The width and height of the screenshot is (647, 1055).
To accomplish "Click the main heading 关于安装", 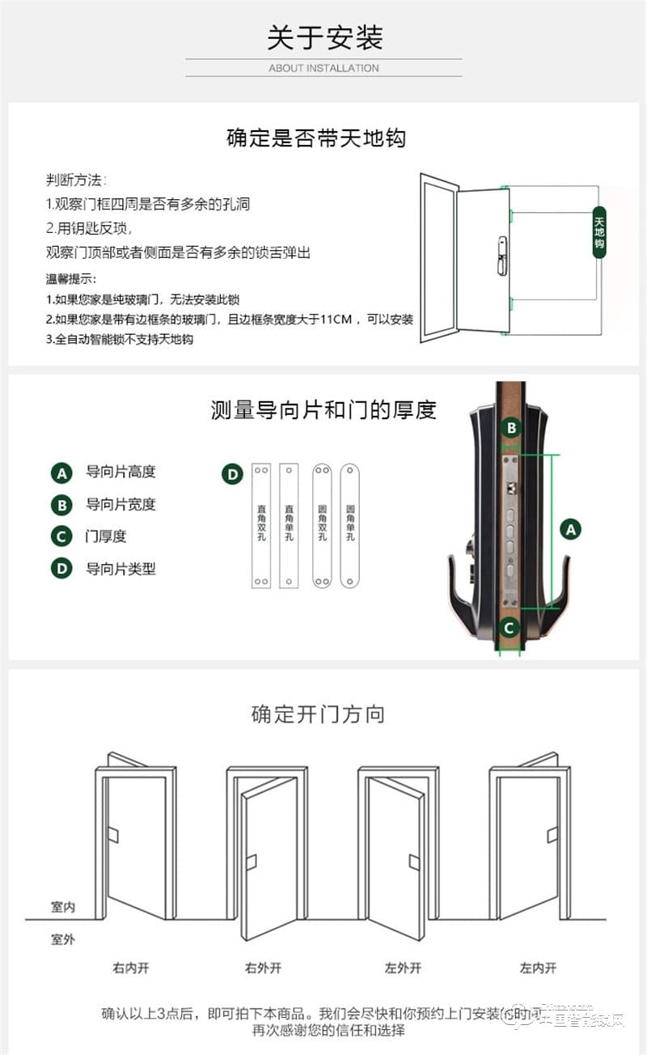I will [x=324, y=37].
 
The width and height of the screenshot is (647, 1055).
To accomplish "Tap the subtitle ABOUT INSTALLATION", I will [x=323, y=68].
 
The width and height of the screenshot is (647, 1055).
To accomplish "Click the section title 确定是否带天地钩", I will [x=315, y=138].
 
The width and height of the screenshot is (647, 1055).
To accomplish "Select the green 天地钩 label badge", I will [x=599, y=232].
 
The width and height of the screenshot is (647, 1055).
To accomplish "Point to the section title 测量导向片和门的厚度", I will [x=323, y=410].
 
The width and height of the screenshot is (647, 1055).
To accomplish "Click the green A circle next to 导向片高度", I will [x=61, y=472].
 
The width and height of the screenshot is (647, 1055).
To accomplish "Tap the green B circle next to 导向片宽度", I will [x=61, y=505].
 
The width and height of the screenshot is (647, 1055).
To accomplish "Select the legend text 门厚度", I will [x=106, y=536].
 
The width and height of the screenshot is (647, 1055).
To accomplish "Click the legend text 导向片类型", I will [x=121, y=569].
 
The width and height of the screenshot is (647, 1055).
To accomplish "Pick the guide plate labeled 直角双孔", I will [x=261, y=525].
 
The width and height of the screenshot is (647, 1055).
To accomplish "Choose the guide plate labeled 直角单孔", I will [x=289, y=525].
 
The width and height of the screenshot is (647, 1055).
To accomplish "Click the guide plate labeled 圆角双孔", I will [x=322, y=525].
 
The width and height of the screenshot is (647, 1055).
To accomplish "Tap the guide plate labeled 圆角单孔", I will [x=349, y=525].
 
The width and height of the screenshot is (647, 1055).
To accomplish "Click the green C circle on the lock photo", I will [x=509, y=627].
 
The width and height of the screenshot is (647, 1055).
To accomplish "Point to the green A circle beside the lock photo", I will [x=571, y=530].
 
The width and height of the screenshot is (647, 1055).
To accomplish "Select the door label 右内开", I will [x=131, y=968].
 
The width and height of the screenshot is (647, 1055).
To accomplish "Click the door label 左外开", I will [x=403, y=968].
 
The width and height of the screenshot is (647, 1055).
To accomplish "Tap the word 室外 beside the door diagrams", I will [x=63, y=939].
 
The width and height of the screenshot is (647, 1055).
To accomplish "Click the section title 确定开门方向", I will [x=318, y=714].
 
